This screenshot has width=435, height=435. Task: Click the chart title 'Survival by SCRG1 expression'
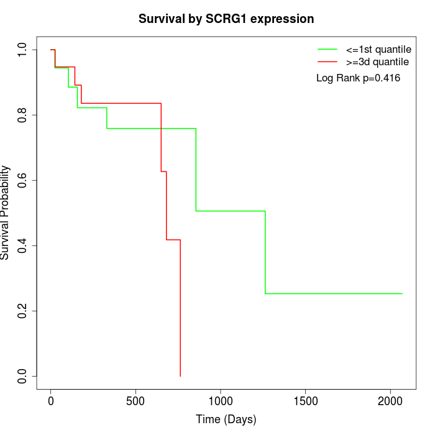tap(226, 19)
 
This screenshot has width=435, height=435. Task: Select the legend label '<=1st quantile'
tap(378, 49)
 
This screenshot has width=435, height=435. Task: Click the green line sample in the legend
tap(327, 49)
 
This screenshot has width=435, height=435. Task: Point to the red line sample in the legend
tap(327, 62)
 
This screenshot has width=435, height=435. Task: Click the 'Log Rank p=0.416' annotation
tap(358, 78)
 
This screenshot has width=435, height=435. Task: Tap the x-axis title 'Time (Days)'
tap(226, 419)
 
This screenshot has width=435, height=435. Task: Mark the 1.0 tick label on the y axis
tap(23, 50)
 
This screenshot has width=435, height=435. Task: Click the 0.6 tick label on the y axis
tap(23, 180)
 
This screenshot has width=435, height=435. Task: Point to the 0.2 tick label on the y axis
tap(23, 311)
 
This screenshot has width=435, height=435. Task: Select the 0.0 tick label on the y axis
tap(23, 376)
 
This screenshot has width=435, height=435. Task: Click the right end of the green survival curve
tap(402, 293)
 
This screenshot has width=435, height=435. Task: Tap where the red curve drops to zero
tap(180, 376)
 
